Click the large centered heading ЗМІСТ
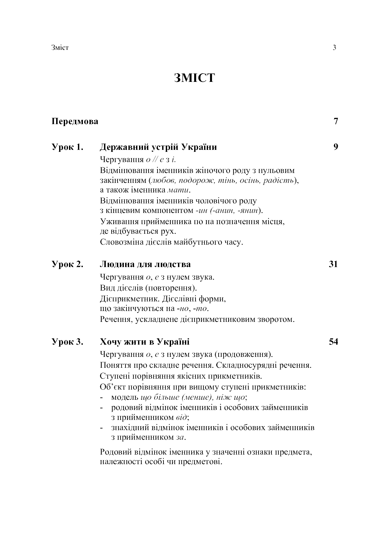tap(195, 78)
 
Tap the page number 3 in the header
tap(335, 48)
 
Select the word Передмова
tap(75, 121)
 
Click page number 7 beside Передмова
tap(336, 121)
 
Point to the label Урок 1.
tap(67, 147)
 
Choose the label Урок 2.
tap(67, 264)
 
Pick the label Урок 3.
tap(67, 342)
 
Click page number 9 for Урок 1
tap(336, 147)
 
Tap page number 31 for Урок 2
tap(334, 264)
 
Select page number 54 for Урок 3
tap(334, 342)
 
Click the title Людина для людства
tap(145, 264)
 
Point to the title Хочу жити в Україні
tap(145, 342)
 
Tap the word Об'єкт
tap(111, 387)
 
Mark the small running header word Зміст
tap(60, 48)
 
